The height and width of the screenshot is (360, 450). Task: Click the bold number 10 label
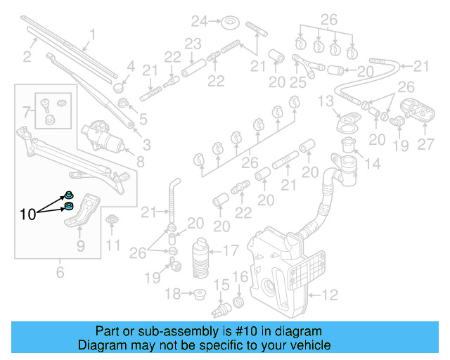tap(27, 214)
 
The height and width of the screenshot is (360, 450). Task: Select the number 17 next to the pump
tap(231, 249)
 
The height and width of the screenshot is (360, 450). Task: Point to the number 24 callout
tap(200, 21)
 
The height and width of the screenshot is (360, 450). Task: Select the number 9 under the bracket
tap(80, 245)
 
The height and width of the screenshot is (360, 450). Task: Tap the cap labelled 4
tap(117, 90)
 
